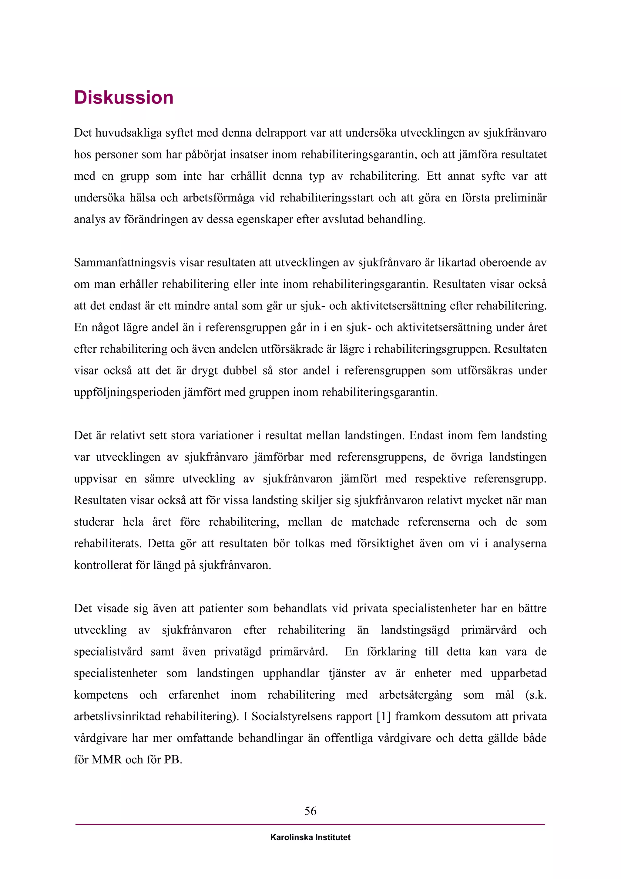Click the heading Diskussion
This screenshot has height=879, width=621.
pyautogui.click(x=123, y=98)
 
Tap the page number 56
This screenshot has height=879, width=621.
pyautogui.click(x=310, y=811)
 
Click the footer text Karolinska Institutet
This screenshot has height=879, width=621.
pyautogui.click(x=310, y=837)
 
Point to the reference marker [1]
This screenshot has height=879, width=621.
pyautogui.click(x=383, y=716)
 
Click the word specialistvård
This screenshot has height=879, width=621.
pyautogui.click(x=108, y=652)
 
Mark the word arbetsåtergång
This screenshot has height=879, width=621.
pyautogui.click(x=416, y=695)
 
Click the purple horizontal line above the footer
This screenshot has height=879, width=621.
pyautogui.click(x=310, y=824)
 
